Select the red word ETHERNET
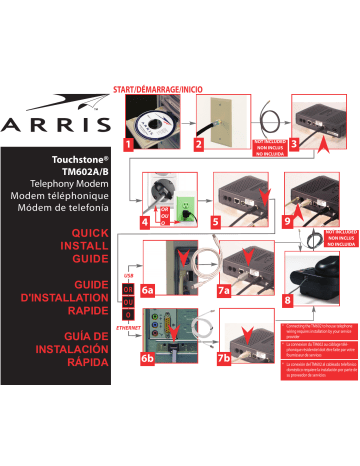(x=128, y=327)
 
